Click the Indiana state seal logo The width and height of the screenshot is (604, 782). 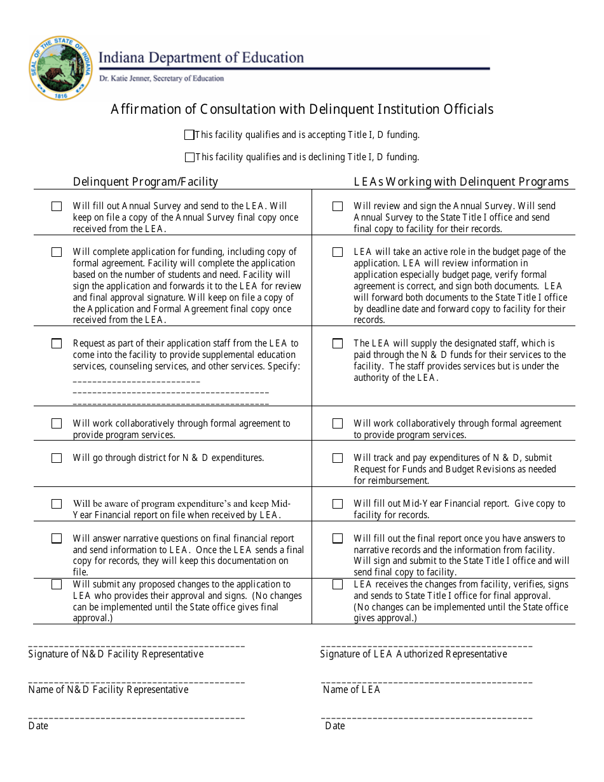coord(60,67)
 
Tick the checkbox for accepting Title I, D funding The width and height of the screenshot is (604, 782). coord(189,135)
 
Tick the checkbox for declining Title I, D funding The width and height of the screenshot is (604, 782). coord(189,157)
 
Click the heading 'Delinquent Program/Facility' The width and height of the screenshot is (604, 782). coord(145,182)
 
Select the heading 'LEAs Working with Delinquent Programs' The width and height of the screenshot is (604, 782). coord(461,182)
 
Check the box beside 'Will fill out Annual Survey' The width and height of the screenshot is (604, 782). coord(57,207)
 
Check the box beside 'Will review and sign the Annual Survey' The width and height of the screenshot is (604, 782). coord(338,207)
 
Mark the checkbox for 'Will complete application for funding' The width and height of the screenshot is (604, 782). coord(57,252)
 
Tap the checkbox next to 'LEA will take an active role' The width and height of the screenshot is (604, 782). coord(338,252)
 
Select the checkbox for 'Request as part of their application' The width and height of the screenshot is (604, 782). coord(57,344)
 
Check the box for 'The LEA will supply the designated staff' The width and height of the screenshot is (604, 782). coord(338,344)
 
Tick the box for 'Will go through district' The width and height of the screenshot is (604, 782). coord(57,458)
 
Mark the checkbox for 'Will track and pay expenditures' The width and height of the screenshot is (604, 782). coord(338,458)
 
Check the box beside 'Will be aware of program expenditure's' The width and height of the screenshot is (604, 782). coord(57,504)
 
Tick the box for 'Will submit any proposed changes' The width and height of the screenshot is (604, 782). coord(57,585)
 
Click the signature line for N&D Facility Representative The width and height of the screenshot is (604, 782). coord(136,645)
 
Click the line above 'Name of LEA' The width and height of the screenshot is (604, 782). coord(426,682)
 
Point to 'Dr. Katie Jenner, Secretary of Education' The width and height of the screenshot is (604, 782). coord(161,79)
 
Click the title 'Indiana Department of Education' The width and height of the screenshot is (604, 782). coord(201,58)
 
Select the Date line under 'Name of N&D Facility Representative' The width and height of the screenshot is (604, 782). coord(136,717)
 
